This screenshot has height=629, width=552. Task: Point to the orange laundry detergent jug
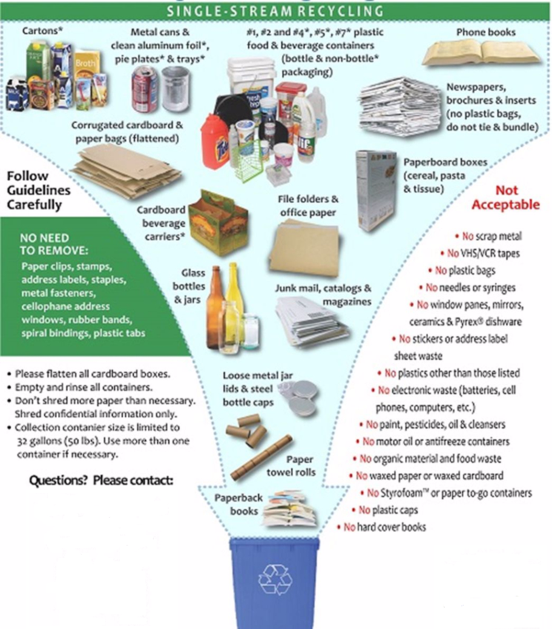(x=214, y=141)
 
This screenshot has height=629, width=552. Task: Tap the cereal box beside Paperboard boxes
(x=376, y=190)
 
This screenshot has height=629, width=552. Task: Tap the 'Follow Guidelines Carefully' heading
(x=39, y=191)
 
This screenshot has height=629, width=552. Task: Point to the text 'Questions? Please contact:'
(x=101, y=480)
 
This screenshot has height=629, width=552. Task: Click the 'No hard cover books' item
(x=384, y=527)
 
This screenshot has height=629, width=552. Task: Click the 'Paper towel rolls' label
(x=300, y=466)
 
